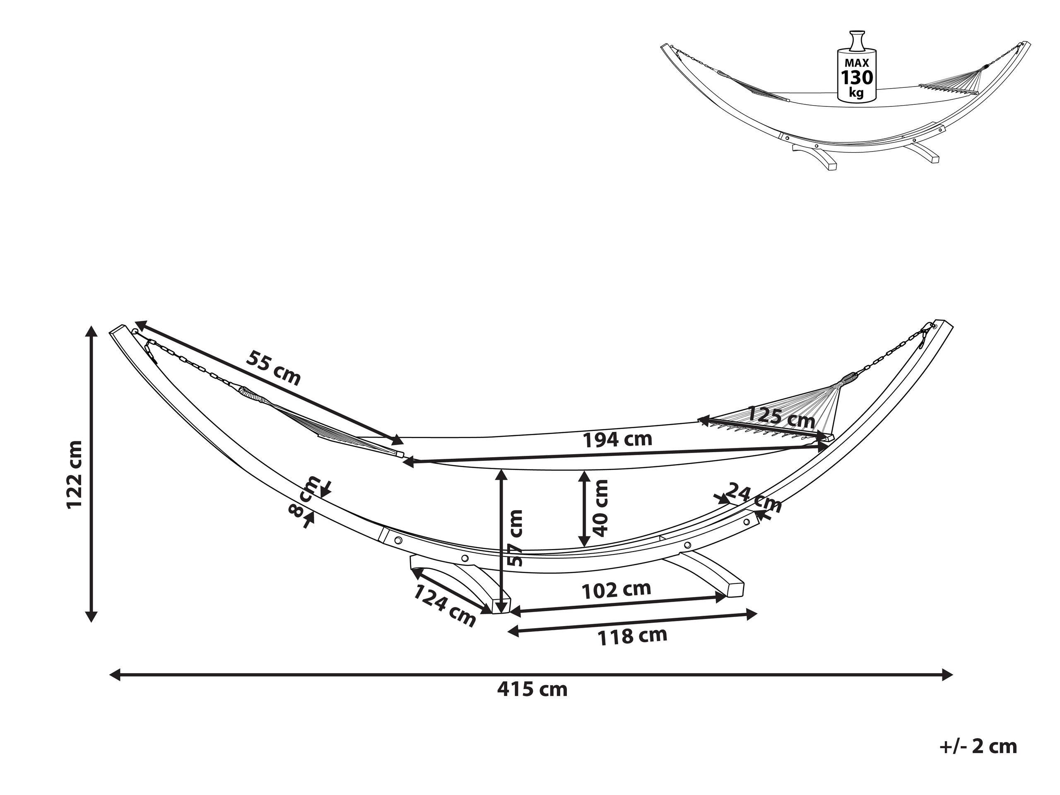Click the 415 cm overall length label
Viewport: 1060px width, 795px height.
[532, 689]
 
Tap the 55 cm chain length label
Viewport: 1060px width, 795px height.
[273, 368]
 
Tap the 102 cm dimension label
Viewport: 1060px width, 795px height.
[616, 590]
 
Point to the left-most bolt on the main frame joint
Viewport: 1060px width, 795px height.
[398, 540]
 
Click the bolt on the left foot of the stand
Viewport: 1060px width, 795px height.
[464, 559]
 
